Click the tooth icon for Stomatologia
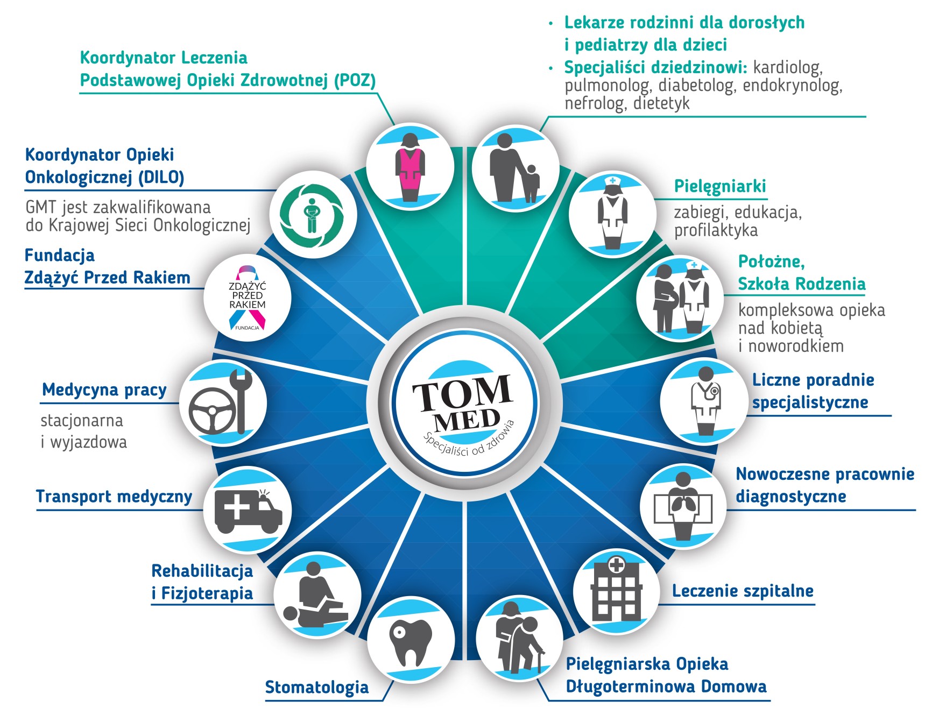411,642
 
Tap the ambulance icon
248,511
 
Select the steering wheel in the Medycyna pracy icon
212,411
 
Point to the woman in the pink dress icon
411,167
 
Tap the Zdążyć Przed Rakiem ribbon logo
248,298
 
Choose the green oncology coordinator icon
313,214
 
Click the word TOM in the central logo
462,392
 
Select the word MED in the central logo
467,420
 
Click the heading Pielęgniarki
720,187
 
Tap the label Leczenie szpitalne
743,591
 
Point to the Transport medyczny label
114,497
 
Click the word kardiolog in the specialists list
788,68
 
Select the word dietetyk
661,103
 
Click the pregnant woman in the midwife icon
665,298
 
